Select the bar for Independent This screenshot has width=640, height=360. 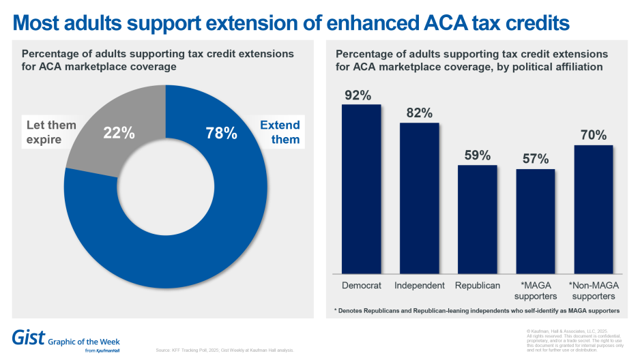click(419, 198)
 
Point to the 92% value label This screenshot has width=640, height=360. click(358, 95)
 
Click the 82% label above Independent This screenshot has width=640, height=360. click(418, 113)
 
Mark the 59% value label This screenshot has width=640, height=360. click(477, 155)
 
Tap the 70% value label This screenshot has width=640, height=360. click(593, 135)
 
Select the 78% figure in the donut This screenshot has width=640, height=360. click(222, 133)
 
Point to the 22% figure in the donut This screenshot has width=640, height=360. click(119, 133)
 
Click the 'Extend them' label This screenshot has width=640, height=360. click(280, 132)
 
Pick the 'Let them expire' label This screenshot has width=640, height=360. click(51, 132)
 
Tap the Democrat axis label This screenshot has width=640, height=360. click(361, 285)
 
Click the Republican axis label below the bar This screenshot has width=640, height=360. click(477, 285)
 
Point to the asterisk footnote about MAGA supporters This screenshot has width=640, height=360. click(476, 311)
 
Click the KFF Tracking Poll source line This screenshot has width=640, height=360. click(226, 350)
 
